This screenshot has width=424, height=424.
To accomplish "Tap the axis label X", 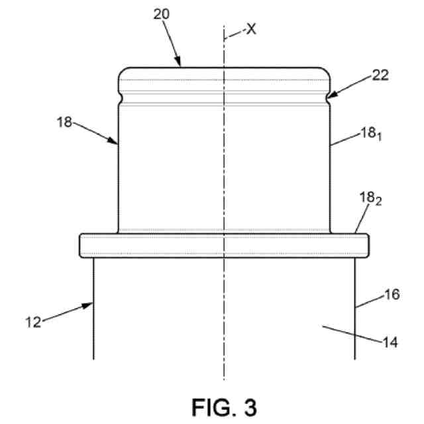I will tap(250, 30).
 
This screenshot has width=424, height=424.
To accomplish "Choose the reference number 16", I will tap(392, 295).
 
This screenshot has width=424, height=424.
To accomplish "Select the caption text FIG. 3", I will tap(223, 405).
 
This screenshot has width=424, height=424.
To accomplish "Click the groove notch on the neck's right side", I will tap(329, 99).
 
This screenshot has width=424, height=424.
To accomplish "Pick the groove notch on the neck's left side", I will tap(119, 99).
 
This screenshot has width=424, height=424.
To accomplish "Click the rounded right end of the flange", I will tap(366, 245).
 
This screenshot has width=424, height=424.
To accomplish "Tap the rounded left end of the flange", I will tap(81, 245).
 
